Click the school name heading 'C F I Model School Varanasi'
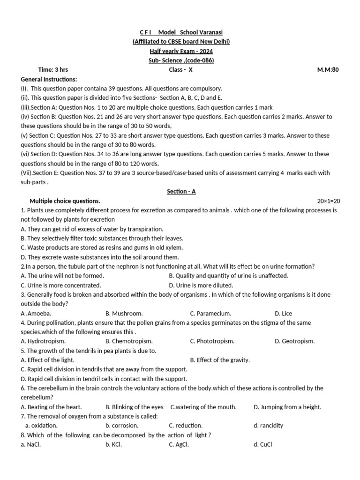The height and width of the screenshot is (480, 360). coord(181,32)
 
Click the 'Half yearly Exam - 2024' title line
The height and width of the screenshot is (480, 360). coord(181,51)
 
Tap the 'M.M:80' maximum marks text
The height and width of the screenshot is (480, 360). coord(328,70)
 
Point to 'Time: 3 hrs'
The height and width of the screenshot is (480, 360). coord(53,70)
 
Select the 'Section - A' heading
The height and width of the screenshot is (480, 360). coord(181,191)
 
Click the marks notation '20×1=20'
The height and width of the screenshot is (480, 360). coord(329,201)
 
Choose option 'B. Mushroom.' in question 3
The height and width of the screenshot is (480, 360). coord(124,313)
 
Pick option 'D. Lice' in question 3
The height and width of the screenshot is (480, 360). coord(283,313)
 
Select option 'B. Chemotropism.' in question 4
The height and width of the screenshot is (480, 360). coord(129,341)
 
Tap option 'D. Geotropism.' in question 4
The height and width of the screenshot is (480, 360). coord(294,341)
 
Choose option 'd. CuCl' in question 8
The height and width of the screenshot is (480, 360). coord(262,444)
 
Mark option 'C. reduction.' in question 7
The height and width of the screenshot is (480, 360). coord(186,426)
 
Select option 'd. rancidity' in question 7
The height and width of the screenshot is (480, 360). coord(268,426)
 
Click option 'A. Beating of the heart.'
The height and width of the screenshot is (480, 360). coord(51,407)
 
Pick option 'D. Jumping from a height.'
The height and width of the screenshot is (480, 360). coord(287,407)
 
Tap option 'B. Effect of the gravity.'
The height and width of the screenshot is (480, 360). coord(220,360)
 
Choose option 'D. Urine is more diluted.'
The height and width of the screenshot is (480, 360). coord(201,285)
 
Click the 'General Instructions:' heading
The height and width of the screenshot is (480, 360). coord(49,79)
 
